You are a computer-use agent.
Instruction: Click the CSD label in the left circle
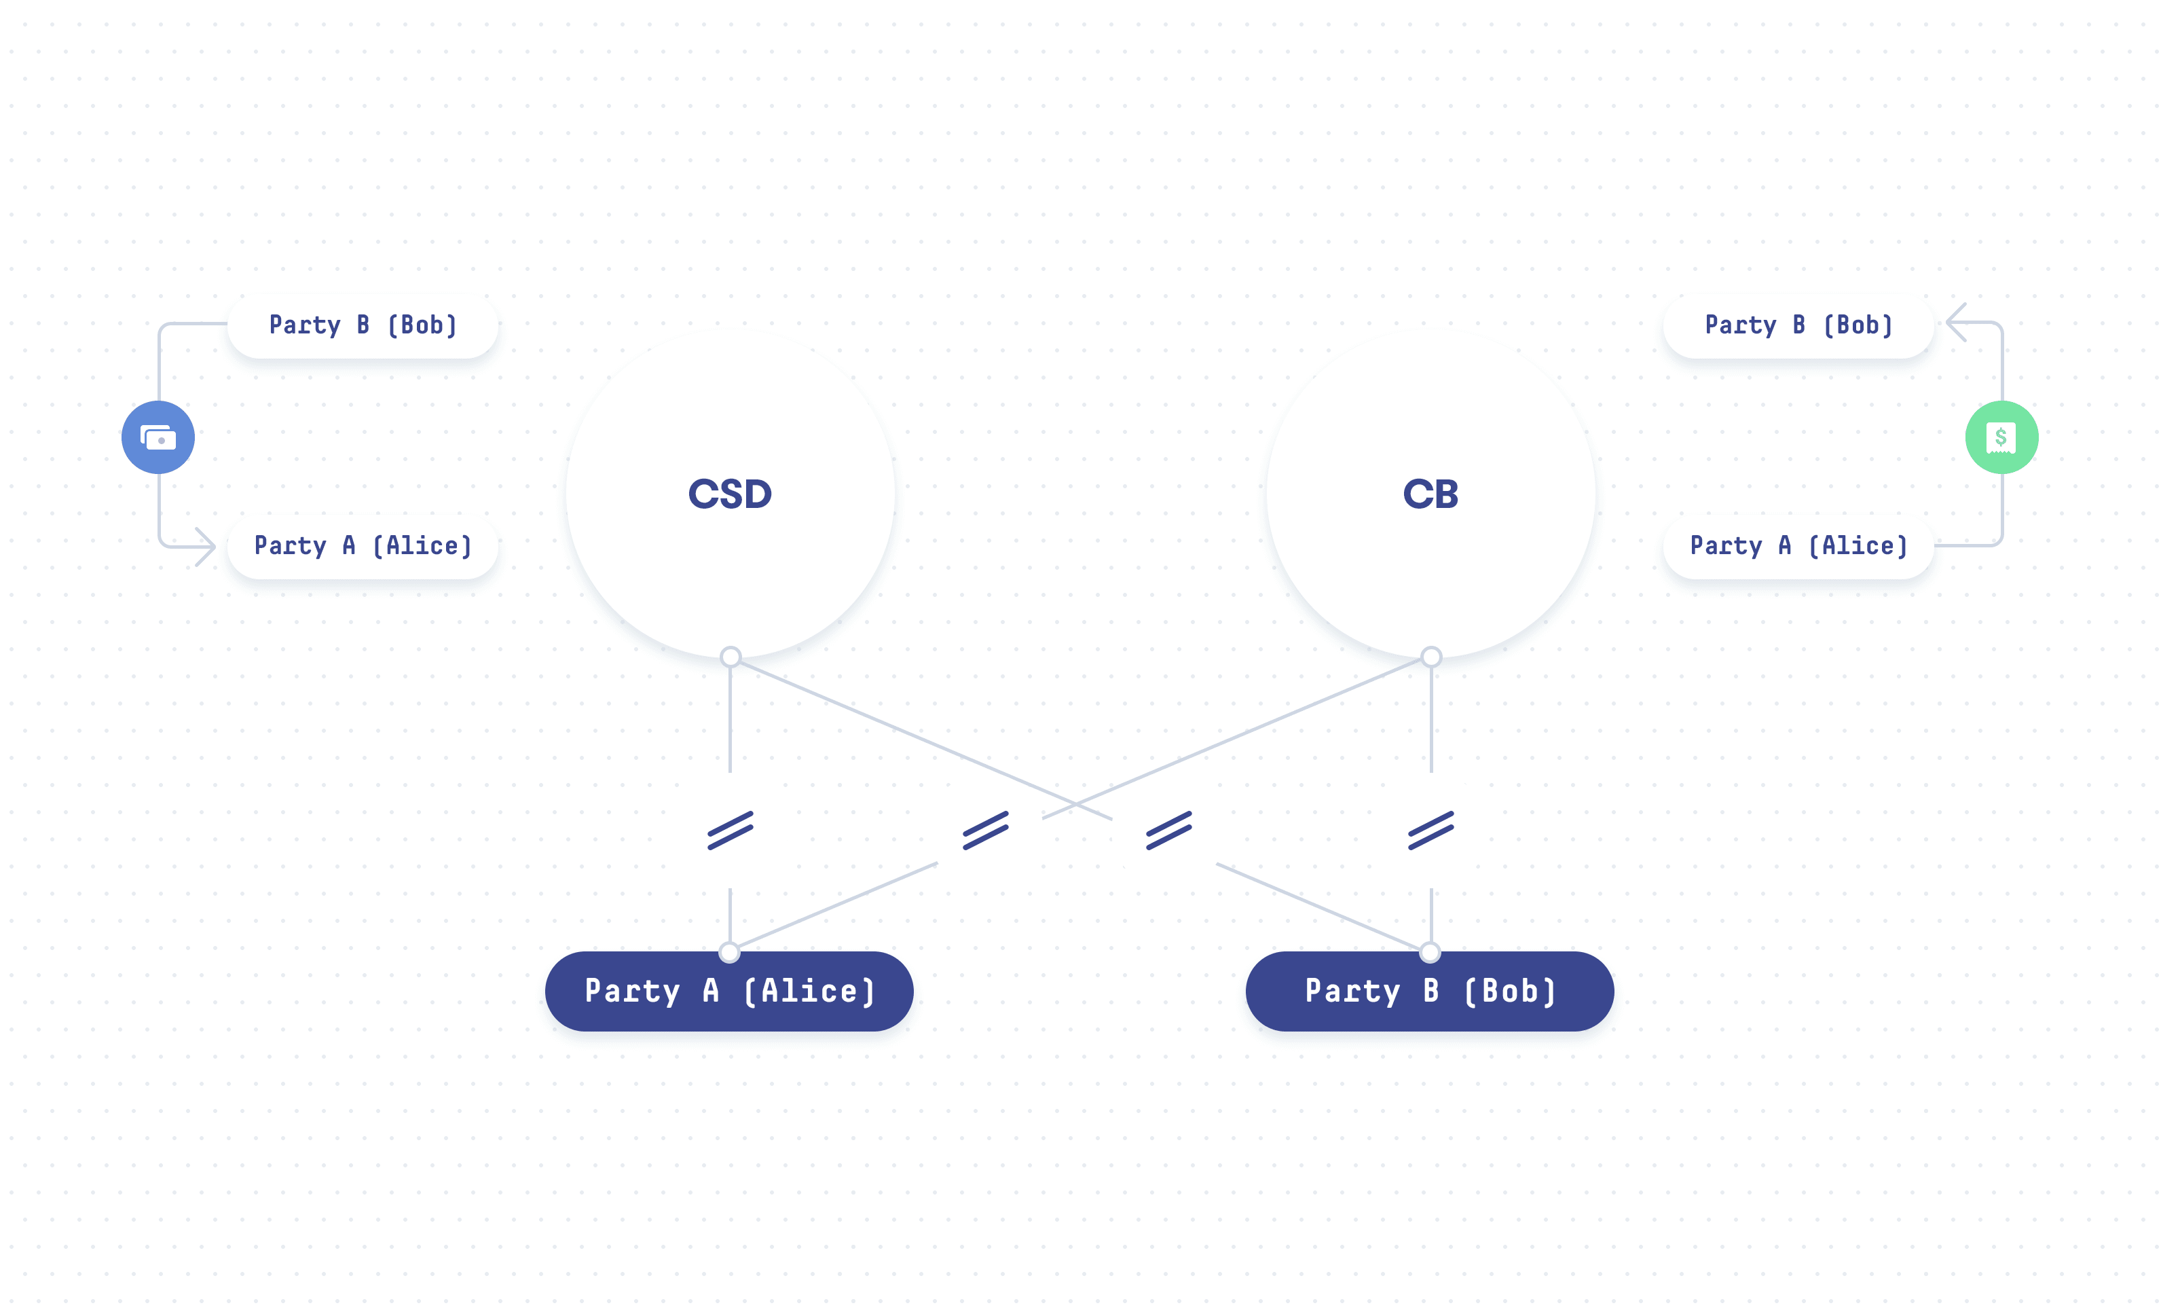point(730,494)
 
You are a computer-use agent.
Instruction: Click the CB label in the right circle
point(1430,494)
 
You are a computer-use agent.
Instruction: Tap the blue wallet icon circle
point(158,437)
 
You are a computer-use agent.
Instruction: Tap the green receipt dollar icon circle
point(2001,437)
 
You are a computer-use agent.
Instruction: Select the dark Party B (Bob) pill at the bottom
point(1430,991)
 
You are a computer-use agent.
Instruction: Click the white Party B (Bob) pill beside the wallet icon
point(363,325)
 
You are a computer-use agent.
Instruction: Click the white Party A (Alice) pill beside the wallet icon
point(363,545)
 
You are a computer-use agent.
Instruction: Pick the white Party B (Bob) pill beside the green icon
point(1798,325)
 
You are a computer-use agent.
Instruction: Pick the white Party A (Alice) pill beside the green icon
point(1798,545)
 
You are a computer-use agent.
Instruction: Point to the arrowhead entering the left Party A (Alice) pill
point(207,547)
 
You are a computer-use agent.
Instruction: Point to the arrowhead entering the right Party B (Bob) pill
point(1955,323)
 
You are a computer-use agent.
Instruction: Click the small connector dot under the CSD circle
point(731,657)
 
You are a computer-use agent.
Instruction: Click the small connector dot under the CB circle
point(1431,657)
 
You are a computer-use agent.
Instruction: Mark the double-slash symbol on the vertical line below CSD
point(731,831)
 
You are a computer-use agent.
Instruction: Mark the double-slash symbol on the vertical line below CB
point(1431,831)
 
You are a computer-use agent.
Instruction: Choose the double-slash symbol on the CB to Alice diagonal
point(986,831)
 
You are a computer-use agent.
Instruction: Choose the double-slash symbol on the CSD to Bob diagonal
point(1169,831)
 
